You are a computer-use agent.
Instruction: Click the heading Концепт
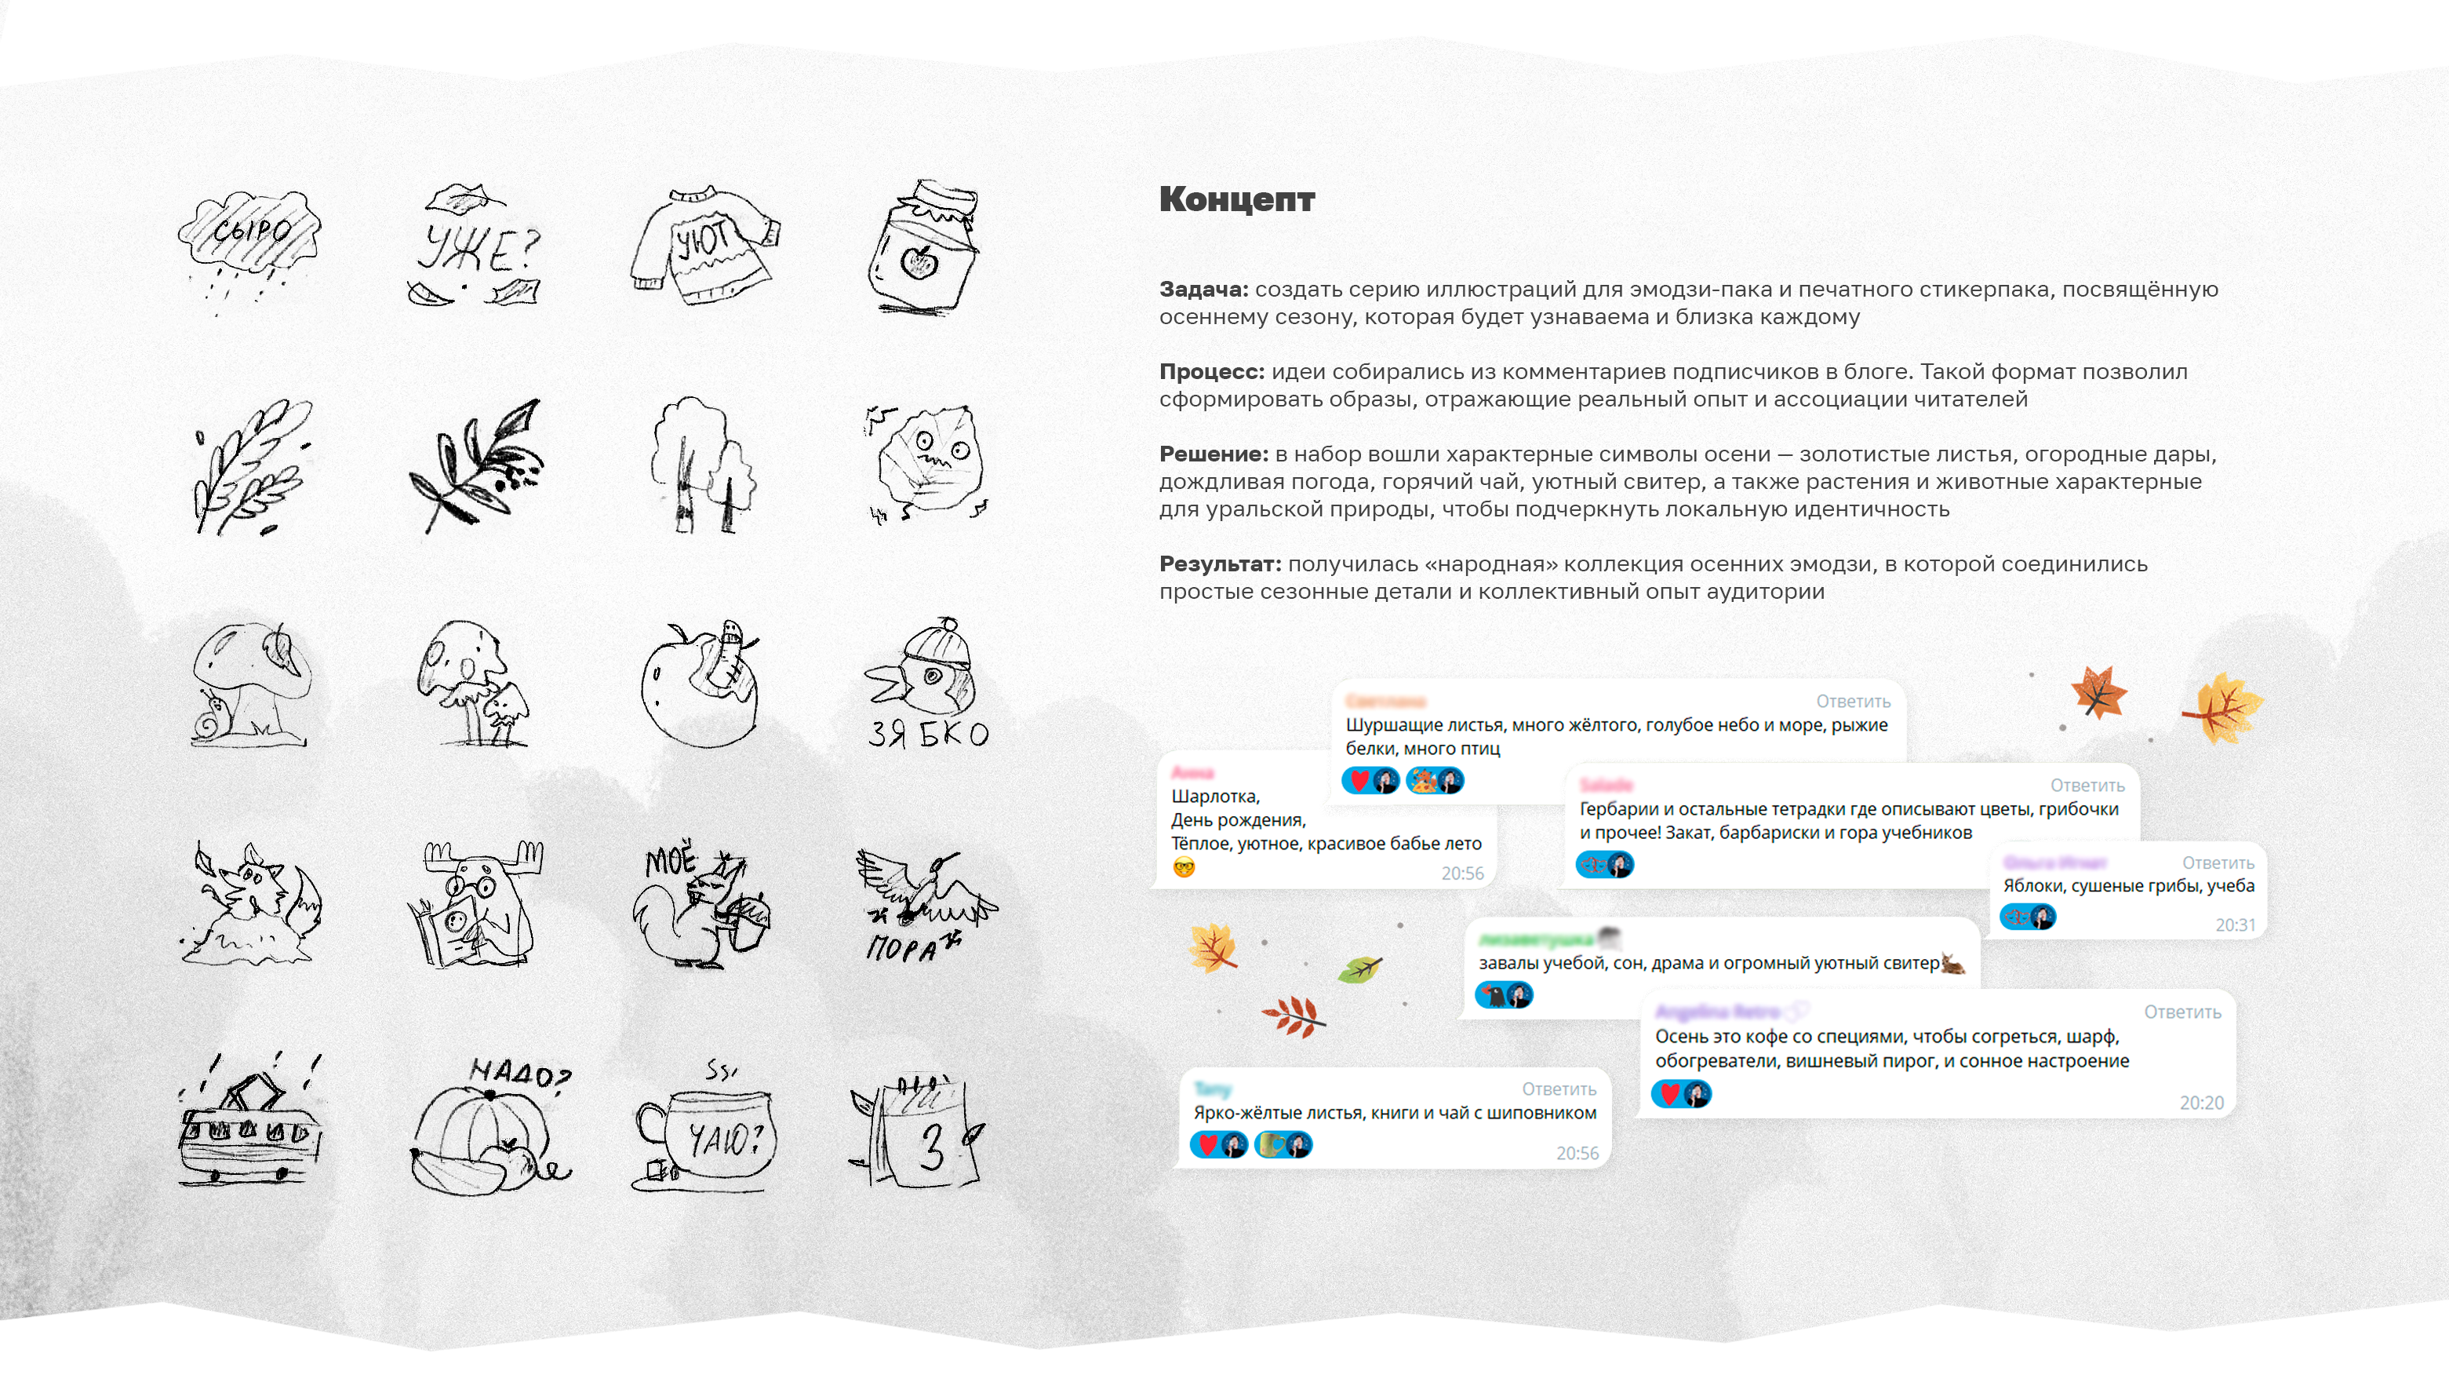point(1236,199)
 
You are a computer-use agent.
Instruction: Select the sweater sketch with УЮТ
point(704,243)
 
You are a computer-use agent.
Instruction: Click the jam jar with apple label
point(922,247)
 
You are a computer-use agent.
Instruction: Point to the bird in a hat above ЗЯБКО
point(927,670)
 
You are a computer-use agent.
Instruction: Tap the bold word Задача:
point(1203,289)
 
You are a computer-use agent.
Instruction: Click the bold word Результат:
point(1219,563)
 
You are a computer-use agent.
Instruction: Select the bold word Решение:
point(1213,454)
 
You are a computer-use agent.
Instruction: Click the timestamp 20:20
point(2201,1103)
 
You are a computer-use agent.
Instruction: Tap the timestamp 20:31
point(2234,925)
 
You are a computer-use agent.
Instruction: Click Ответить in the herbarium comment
point(2087,786)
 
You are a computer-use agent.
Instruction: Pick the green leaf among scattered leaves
point(1359,970)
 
